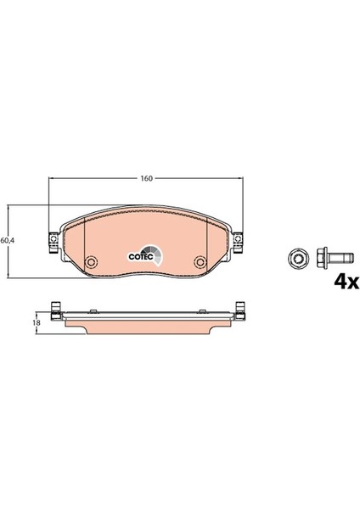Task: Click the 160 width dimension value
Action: [x=147, y=178]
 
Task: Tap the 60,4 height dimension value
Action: [x=7, y=241]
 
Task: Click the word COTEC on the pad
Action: [x=141, y=256]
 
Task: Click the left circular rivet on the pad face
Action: [x=91, y=262]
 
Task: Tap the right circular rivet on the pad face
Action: [x=200, y=262]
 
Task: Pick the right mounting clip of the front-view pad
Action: [x=238, y=243]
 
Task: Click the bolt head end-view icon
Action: [x=295, y=259]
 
